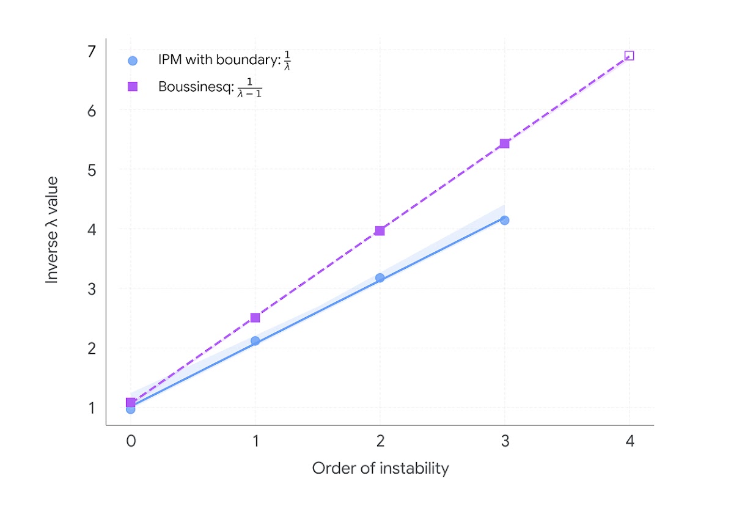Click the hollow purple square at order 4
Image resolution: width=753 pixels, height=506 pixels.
[629, 56]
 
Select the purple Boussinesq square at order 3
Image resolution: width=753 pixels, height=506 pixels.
[504, 144]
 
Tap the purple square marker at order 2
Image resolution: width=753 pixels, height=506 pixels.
[380, 230]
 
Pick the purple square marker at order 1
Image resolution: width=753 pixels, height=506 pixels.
[255, 318]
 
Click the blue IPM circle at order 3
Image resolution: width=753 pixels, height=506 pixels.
[504, 220]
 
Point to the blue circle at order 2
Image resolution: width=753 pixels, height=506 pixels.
[380, 278]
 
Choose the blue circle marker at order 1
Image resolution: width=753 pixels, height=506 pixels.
[255, 341]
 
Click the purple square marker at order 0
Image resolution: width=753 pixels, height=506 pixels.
[130, 402]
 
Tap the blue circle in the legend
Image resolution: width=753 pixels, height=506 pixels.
[133, 61]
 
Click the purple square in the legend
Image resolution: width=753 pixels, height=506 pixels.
[133, 87]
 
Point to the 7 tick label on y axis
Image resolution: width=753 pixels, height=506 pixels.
[92, 51]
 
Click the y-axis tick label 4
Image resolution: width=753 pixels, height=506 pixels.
[92, 230]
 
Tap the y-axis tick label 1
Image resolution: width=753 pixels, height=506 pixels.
[92, 408]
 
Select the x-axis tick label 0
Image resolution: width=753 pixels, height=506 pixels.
[130, 442]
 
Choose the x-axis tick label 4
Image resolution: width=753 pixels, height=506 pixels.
[629, 442]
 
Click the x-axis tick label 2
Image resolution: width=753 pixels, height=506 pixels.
[380, 442]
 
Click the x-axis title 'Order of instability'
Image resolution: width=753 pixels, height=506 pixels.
[380, 469]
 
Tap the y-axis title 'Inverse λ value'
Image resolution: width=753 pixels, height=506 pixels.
[53, 230]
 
